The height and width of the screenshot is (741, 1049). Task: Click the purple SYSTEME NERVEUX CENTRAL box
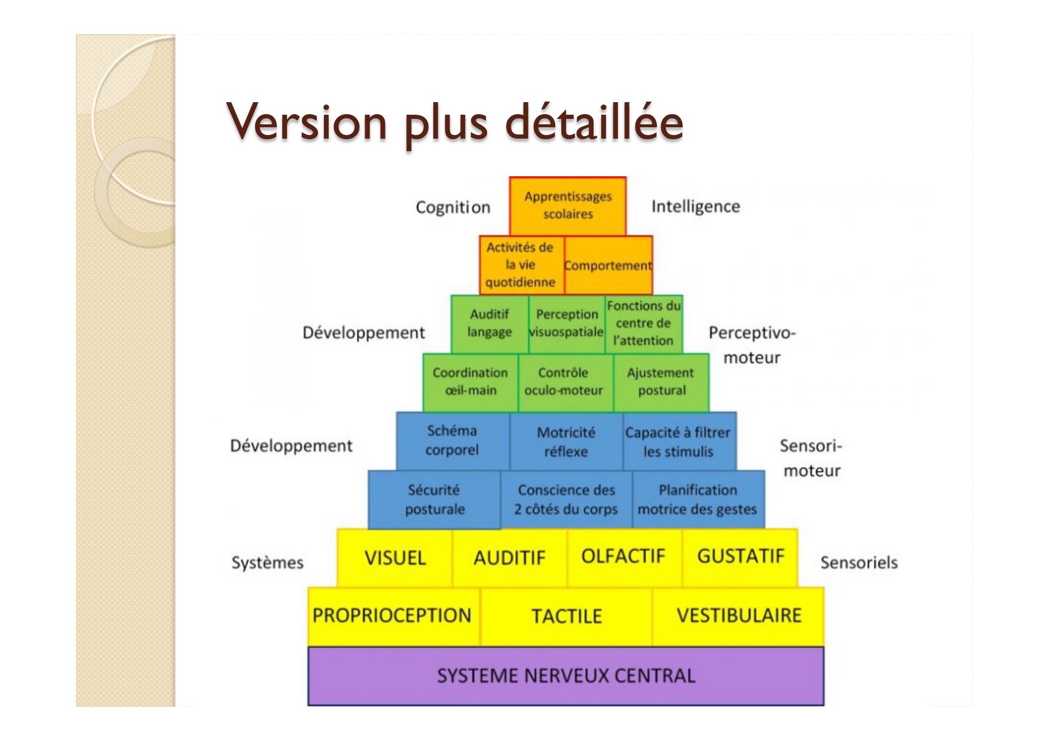(565, 676)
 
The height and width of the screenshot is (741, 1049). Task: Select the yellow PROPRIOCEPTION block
(394, 616)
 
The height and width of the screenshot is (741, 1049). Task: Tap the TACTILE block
(566, 616)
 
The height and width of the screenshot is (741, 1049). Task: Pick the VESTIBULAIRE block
(738, 616)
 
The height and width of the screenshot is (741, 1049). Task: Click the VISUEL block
(394, 558)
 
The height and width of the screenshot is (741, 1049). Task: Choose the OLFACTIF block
(624, 558)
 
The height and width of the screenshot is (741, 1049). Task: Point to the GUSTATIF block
(740, 558)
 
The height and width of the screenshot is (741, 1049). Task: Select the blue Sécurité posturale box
(435, 500)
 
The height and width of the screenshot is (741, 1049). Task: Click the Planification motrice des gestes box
(698, 500)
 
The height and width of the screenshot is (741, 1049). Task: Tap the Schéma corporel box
(452, 441)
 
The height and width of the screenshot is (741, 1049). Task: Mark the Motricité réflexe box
(566, 441)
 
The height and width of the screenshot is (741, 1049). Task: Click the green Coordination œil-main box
(470, 382)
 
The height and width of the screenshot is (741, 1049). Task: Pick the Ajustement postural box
(661, 382)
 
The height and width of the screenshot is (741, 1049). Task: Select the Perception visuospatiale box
(567, 324)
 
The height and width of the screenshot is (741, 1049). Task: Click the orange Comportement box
(608, 265)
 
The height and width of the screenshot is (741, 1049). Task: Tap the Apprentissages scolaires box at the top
(568, 206)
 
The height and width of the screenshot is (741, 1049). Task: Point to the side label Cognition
(453, 207)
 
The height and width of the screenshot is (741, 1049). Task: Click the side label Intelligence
(696, 207)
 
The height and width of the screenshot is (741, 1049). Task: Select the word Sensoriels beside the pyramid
(859, 562)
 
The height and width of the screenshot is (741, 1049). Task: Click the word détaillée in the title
(594, 122)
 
